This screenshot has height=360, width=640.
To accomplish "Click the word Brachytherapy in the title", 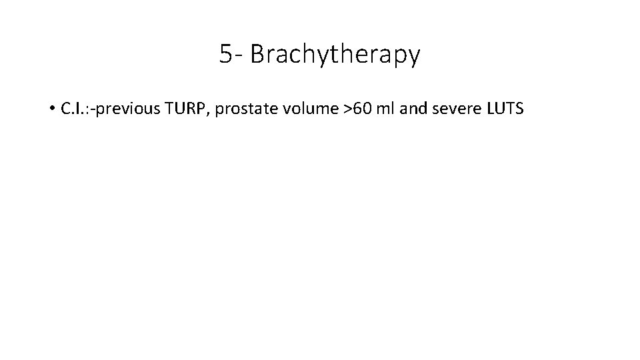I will tap(335, 55).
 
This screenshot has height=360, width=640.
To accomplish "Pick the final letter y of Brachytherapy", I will tap(414, 58).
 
